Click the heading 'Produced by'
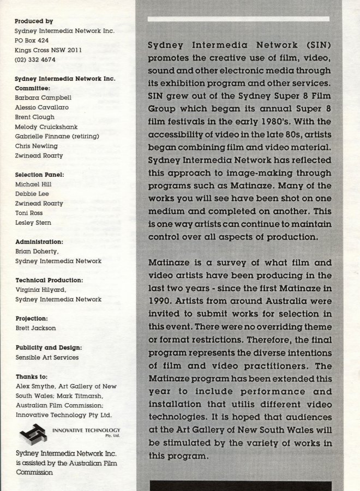(34, 21)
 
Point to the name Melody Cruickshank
(47, 127)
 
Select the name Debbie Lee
(32, 194)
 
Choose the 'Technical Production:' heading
(49, 280)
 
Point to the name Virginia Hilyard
(40, 290)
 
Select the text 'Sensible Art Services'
(47, 358)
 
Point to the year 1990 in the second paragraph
(161, 300)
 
